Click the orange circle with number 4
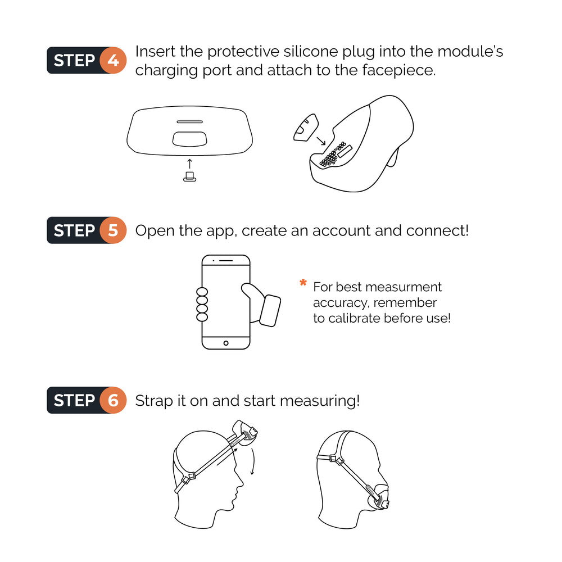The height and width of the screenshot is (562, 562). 113,60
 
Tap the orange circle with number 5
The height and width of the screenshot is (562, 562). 113,230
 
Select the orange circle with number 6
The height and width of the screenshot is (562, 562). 113,401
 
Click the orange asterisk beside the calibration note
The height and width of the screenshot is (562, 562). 303,284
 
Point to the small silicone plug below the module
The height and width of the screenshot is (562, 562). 189,178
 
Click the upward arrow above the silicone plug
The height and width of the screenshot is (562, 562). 189,164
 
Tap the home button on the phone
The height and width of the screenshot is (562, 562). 226,343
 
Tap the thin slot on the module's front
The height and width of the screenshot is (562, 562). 189,121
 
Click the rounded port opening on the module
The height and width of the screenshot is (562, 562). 189,138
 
